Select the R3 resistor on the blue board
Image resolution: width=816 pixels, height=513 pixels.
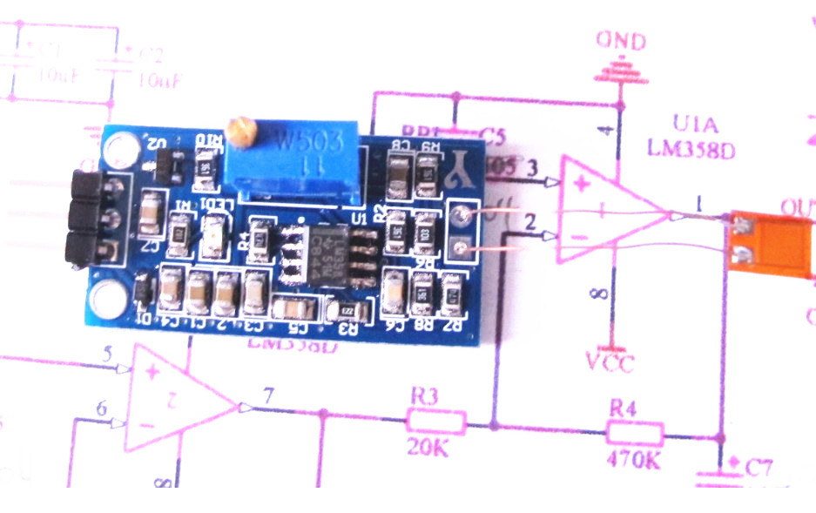348,310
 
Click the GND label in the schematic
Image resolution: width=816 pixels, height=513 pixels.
619,41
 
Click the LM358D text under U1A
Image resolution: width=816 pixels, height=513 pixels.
691,149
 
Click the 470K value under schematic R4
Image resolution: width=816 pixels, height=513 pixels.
634,459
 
